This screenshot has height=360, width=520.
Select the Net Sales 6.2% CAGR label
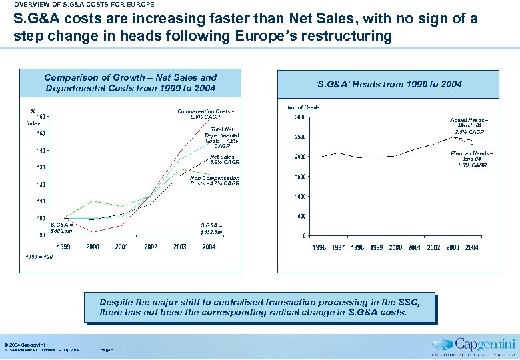(x=224, y=159)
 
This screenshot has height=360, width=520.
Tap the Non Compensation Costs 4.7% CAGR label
(x=214, y=181)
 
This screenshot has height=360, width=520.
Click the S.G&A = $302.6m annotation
(x=61, y=228)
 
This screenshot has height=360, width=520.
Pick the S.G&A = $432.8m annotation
(x=212, y=228)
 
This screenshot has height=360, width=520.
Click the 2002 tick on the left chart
(x=151, y=247)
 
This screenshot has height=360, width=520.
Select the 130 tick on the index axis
(x=41, y=167)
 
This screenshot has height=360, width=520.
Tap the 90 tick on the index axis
(x=42, y=235)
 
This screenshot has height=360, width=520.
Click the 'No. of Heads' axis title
(x=303, y=107)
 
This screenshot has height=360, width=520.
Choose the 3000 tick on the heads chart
(x=301, y=118)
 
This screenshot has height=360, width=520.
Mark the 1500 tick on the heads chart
(x=301, y=177)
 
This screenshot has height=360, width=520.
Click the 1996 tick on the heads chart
(x=319, y=247)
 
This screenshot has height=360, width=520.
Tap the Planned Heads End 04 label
(x=471, y=159)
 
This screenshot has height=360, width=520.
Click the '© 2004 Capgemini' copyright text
(x=24, y=343)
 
